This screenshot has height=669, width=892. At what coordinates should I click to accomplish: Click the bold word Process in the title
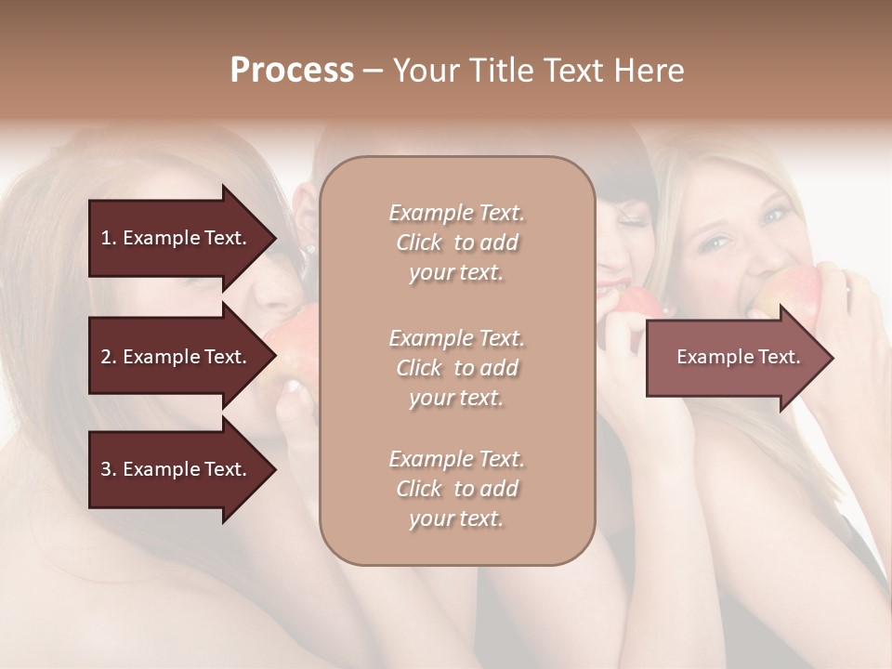click(292, 71)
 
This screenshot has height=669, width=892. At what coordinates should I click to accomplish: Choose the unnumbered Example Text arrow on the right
click(739, 357)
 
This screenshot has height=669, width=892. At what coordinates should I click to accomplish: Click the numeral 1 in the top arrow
click(106, 238)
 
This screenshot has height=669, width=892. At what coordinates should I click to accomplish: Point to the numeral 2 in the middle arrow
click(106, 357)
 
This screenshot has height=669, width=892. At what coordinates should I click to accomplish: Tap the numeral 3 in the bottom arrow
click(106, 469)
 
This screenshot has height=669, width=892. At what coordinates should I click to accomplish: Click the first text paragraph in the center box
click(456, 243)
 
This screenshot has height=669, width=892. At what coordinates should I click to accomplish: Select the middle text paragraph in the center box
click(456, 368)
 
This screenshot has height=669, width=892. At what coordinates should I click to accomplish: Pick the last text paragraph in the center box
click(456, 489)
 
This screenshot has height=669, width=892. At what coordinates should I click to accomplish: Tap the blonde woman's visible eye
click(715, 243)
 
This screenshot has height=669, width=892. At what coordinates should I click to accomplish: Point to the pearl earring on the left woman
click(310, 248)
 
